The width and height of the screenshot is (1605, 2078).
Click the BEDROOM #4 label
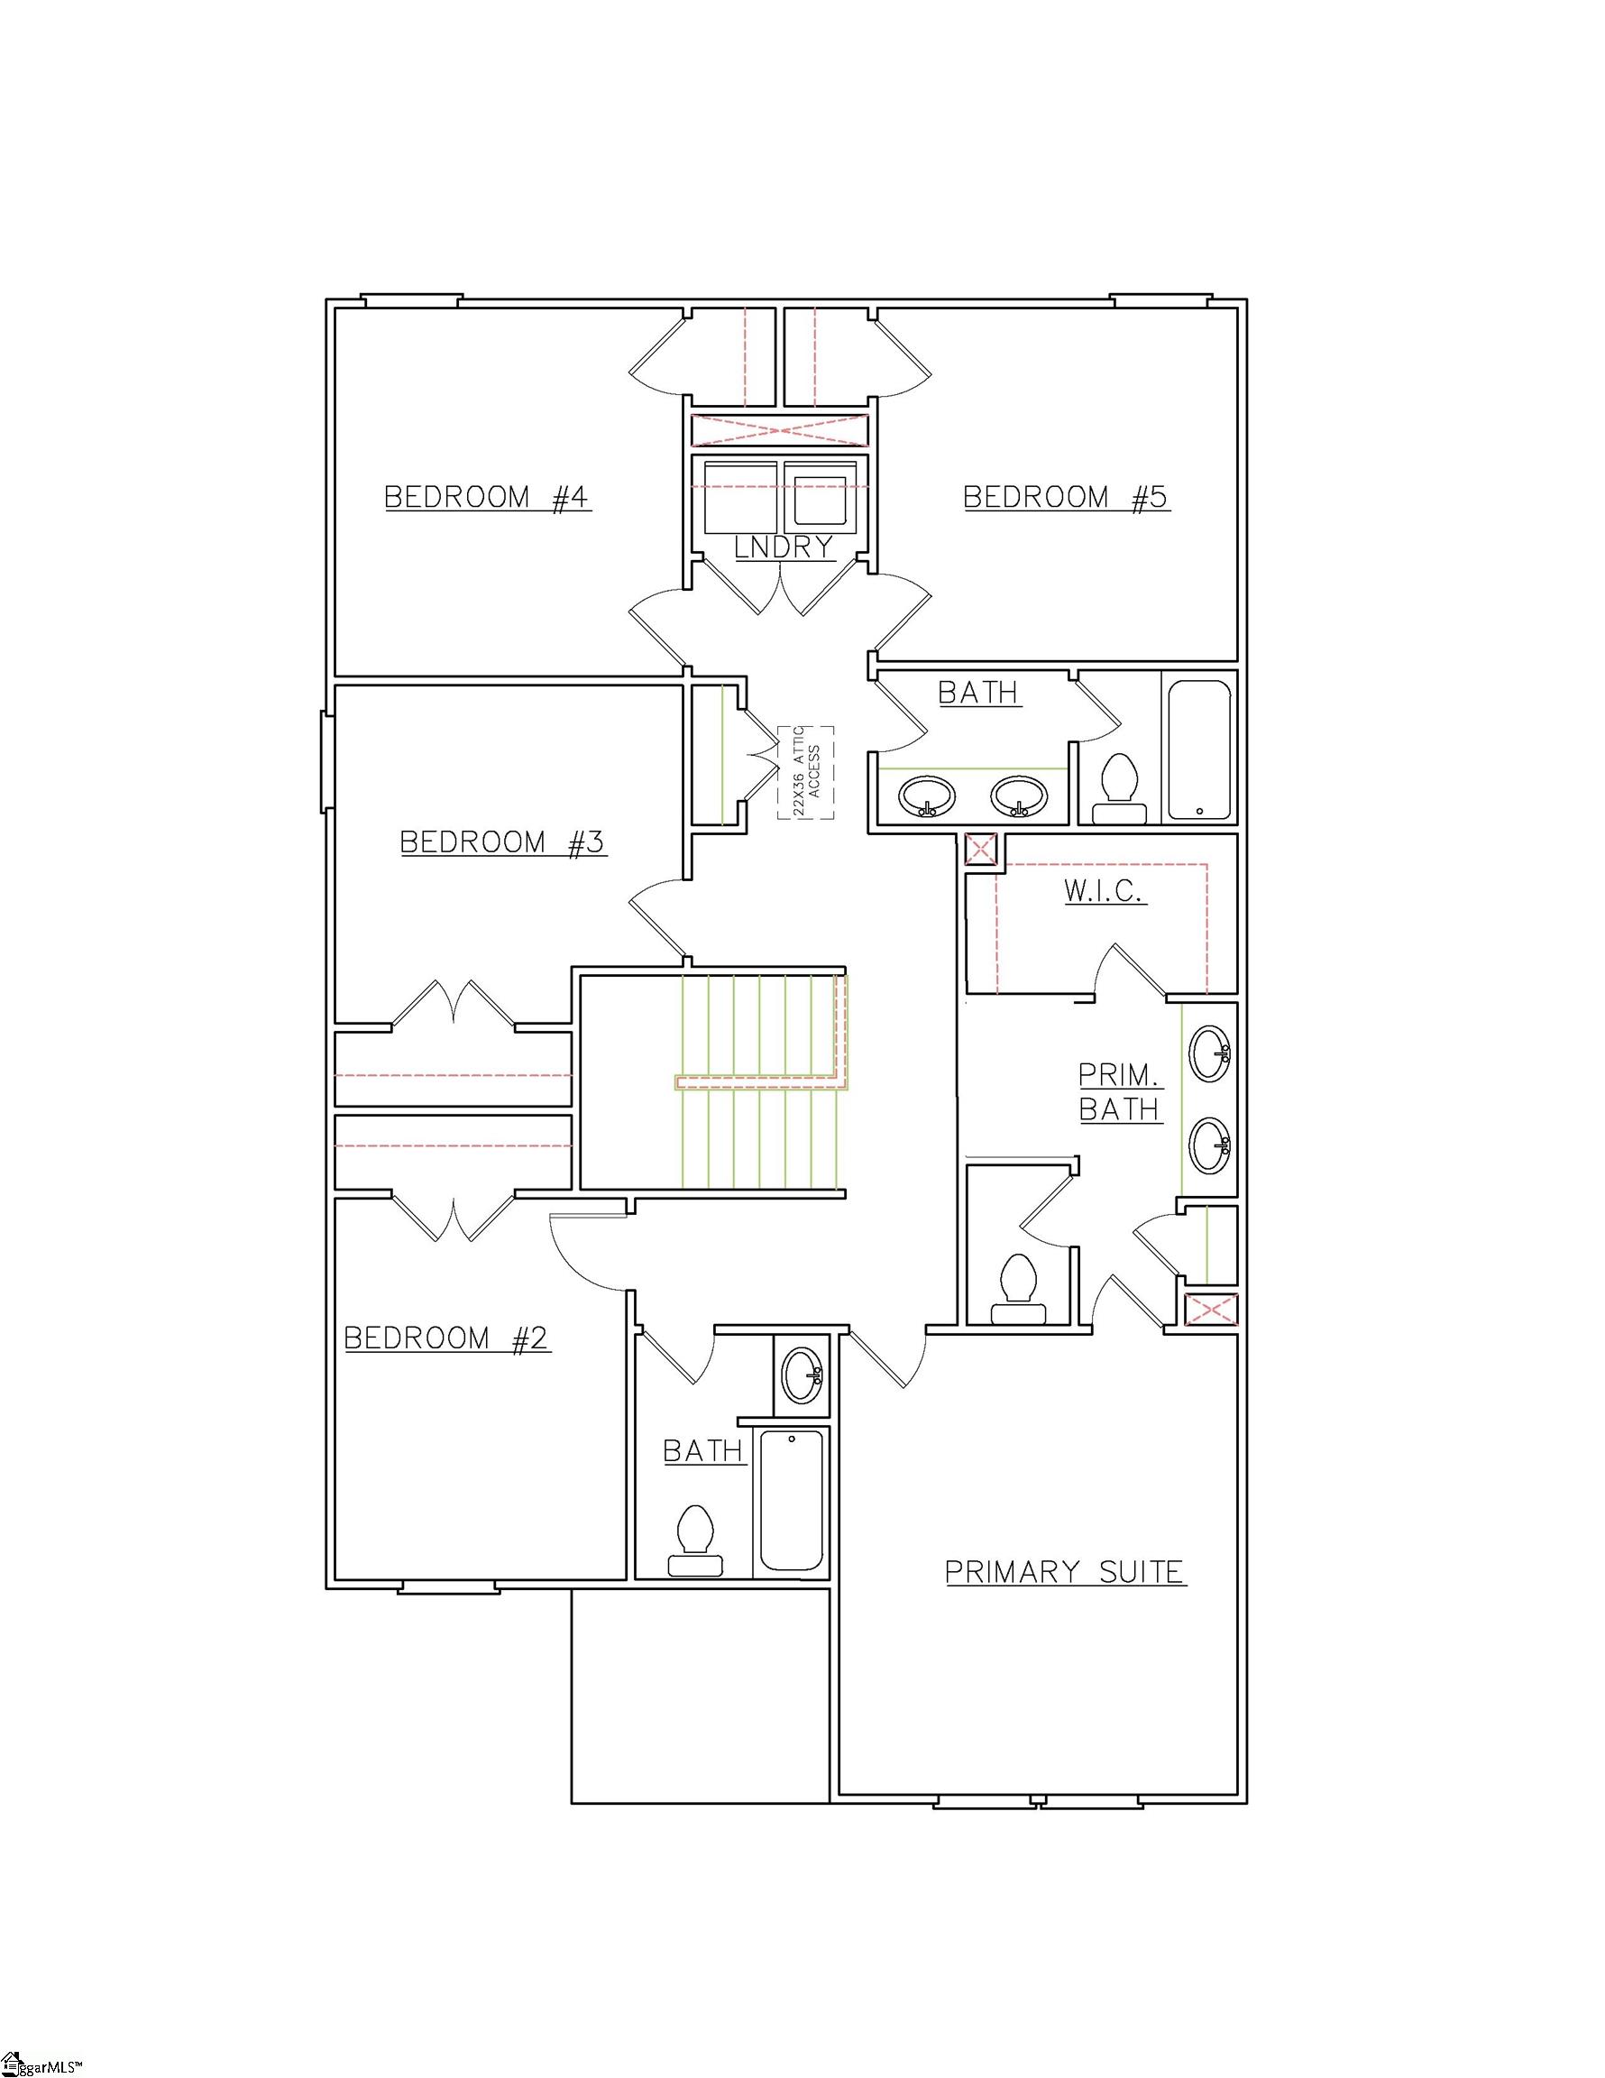coord(487,497)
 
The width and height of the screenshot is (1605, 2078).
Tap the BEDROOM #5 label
coord(1066,497)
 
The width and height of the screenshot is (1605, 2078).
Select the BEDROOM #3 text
coord(502,842)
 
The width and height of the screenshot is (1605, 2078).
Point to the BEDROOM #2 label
coord(446,1338)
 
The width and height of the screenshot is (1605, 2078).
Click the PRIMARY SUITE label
coord(1065,1572)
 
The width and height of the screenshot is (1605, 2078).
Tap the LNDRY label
coord(784,547)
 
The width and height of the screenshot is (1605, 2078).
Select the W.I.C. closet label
coord(1105,890)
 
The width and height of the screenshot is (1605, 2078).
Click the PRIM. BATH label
coord(1120,1092)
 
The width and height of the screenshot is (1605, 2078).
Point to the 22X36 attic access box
coord(806,772)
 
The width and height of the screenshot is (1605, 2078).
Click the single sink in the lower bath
coord(802,1374)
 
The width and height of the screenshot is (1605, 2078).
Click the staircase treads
coord(761,1081)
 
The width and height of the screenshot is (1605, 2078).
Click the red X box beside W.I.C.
coord(981,849)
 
